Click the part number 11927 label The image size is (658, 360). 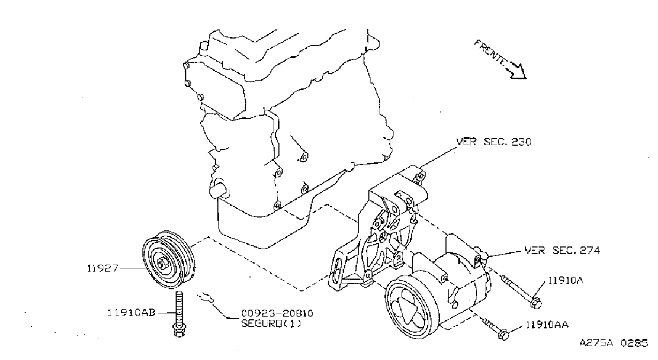click(102, 268)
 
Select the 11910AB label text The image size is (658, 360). click(131, 313)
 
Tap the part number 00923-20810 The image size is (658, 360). click(277, 313)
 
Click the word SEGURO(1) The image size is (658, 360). click(271, 323)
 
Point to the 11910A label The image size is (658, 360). click(565, 280)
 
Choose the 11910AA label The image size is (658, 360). click(547, 325)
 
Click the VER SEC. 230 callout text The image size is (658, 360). click(494, 142)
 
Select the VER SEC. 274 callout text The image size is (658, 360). click(562, 250)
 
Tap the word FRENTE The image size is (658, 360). click(490, 53)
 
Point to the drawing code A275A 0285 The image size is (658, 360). click(614, 343)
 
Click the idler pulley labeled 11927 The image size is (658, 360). click(168, 260)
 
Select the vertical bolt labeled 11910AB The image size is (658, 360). click(179, 313)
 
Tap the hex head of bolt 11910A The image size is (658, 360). click(536, 303)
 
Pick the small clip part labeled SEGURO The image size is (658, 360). click(206, 298)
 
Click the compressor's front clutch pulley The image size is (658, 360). click(412, 309)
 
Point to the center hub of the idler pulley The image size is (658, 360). click(162, 263)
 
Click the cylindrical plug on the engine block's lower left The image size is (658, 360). click(218, 189)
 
